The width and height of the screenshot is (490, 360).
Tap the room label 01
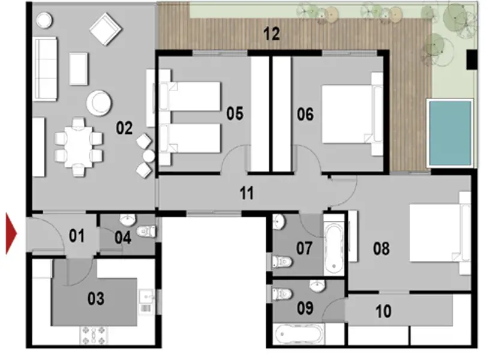tap(76, 235)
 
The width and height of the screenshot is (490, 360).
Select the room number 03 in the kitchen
tap(96, 298)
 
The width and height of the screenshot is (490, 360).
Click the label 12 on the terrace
tap(271, 34)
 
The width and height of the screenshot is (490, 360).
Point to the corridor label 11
tap(246, 193)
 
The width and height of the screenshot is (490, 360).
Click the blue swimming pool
tap(449, 133)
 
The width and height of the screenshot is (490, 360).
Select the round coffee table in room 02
tap(99, 102)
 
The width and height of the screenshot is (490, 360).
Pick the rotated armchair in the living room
tap(106, 28)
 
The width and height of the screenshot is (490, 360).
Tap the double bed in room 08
tap(437, 234)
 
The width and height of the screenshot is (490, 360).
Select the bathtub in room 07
tap(334, 246)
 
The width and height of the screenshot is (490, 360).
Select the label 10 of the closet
tap(383, 311)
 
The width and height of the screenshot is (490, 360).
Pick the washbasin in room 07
tap(279, 223)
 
